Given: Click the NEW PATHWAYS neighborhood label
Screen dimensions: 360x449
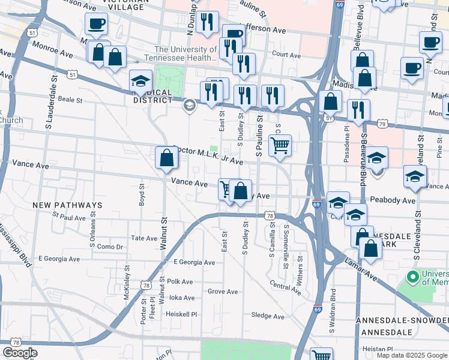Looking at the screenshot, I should [67, 205].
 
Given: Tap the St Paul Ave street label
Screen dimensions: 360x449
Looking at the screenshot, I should [69, 217].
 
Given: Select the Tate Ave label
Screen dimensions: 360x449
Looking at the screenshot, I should [144, 238].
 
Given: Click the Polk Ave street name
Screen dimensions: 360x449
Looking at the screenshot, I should [180, 281].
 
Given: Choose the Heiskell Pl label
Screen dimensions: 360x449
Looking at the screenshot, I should [182, 314].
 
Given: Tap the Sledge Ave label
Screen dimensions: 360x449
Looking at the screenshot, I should [268, 316].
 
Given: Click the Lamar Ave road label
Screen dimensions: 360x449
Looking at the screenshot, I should [363, 269].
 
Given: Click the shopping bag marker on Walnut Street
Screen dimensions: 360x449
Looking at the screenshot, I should [167, 158].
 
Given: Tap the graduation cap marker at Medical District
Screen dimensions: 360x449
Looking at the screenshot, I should [140, 82].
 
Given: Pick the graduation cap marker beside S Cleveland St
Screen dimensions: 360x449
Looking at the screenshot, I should [415, 176].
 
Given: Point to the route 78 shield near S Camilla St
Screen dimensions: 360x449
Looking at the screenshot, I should [270, 215].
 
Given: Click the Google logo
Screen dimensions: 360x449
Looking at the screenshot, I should [20, 353].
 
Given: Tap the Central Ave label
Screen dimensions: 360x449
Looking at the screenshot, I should [285, 287].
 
